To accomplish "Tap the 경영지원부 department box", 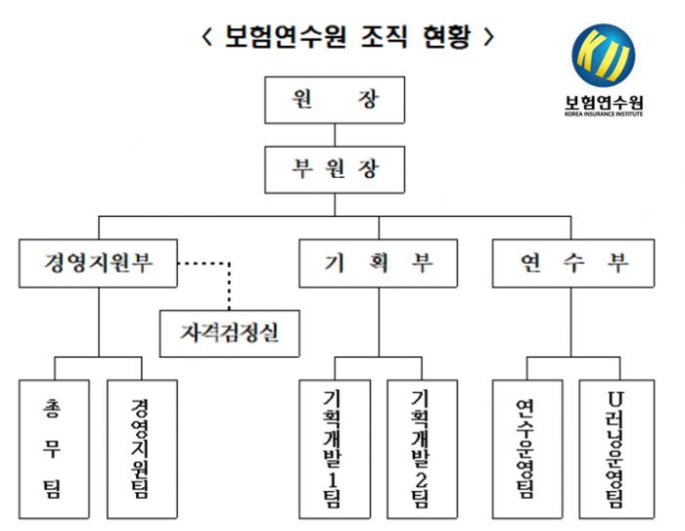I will pyautogui.click(x=99, y=263).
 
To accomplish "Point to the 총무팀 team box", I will pyautogui.click(x=54, y=447).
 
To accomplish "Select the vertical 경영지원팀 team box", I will pyautogui.click(x=141, y=447).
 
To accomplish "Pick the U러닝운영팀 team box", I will pyautogui.click(x=614, y=447).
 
